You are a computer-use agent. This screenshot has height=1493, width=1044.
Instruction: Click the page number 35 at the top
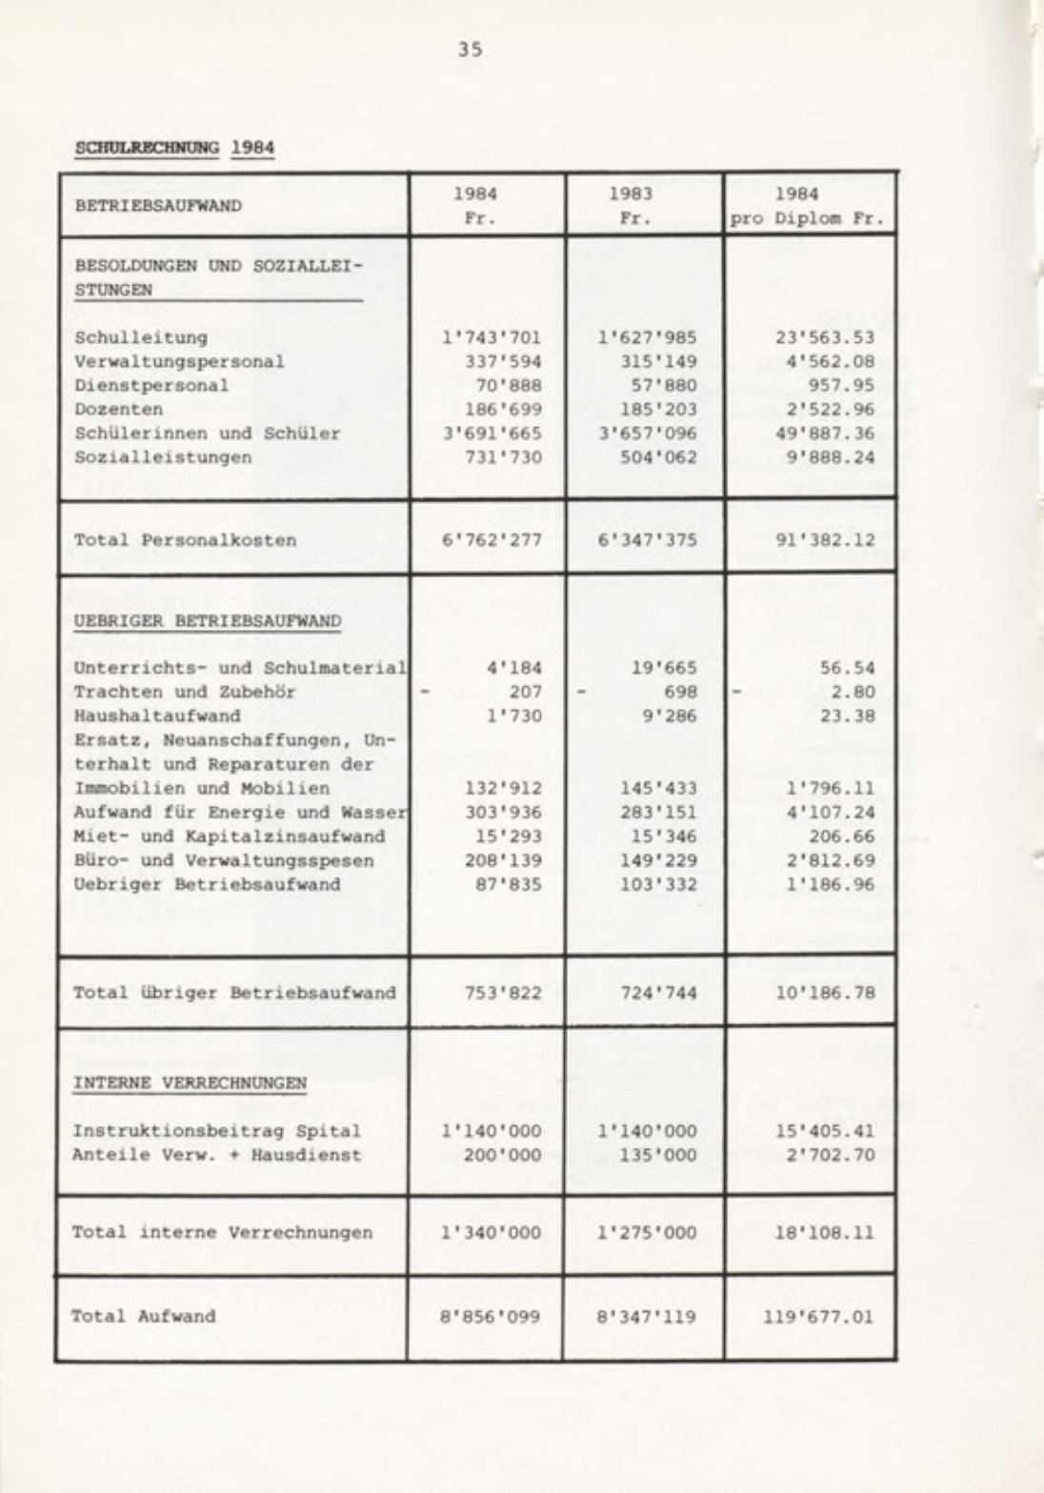tap(470, 50)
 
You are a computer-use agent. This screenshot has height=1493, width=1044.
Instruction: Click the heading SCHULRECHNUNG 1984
tap(174, 148)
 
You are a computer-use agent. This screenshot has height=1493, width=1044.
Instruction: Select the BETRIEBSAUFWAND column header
tap(158, 205)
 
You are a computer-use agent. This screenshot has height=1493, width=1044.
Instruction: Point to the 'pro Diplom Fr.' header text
tap(807, 217)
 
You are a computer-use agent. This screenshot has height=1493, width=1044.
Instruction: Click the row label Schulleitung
tap(140, 337)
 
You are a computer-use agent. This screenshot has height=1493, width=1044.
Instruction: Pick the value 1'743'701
tap(492, 337)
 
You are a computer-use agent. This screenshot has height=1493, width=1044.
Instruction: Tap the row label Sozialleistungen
tap(163, 457)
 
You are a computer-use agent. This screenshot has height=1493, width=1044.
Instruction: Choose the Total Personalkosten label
tap(185, 540)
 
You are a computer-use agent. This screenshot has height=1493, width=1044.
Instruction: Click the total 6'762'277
tap(492, 540)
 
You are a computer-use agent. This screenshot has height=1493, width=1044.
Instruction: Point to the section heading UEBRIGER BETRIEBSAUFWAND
tap(208, 621)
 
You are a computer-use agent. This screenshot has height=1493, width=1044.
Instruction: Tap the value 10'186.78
tap(825, 993)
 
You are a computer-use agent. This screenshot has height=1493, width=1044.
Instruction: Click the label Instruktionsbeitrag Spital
tap(217, 1132)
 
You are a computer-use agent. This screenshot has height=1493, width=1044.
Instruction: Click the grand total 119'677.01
tap(819, 1318)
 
